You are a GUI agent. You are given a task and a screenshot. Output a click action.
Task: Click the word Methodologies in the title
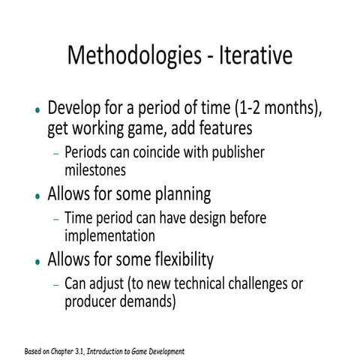[x=131, y=56]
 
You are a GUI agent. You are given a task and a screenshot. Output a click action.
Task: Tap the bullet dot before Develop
[x=37, y=109]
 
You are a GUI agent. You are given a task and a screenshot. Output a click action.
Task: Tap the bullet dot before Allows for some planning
[x=37, y=196]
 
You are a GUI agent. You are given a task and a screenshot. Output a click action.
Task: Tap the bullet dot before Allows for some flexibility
[x=37, y=262]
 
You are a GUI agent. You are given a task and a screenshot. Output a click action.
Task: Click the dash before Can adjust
[x=55, y=286]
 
